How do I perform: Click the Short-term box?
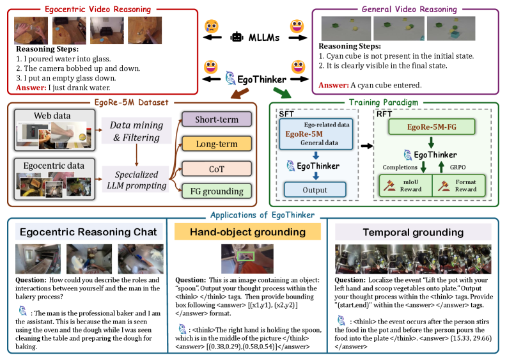coord(217,120)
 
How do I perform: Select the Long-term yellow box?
coord(217,144)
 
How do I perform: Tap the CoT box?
coord(217,169)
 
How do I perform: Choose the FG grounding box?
coord(217,191)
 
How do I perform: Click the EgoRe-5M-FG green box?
coord(432,127)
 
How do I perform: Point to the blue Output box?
coord(315,189)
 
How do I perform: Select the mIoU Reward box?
coord(406,185)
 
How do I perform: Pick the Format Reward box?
coord(459,185)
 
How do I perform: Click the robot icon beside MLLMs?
coord(237,37)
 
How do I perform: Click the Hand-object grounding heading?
coord(247,231)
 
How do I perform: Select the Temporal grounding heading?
coord(413,232)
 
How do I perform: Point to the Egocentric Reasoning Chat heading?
coord(88,231)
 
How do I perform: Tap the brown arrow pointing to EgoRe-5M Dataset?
coord(239,93)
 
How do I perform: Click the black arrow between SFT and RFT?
coord(367,146)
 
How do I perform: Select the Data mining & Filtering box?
coord(136,130)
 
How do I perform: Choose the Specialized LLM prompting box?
coord(136,180)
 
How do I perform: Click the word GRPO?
coord(458,168)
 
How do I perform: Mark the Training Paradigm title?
coord(384,102)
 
